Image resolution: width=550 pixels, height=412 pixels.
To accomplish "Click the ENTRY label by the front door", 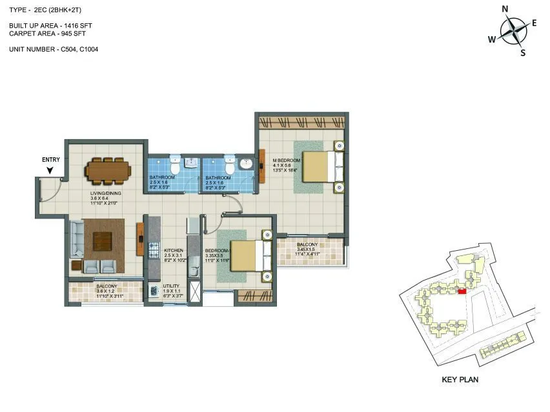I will [50, 160].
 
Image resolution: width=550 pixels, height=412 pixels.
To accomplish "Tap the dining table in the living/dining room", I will [108, 170].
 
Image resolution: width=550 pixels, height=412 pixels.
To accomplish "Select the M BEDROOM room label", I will [287, 160].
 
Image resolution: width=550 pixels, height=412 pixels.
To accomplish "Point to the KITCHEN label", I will [173, 250].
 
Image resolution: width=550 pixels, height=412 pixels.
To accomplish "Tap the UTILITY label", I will [170, 286].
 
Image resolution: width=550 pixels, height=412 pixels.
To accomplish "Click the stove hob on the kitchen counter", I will [154, 250].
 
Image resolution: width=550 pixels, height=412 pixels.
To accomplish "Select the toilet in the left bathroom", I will [174, 162].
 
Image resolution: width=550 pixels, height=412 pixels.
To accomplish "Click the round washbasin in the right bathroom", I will [246, 164].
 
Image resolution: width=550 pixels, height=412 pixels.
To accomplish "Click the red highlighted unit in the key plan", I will [461, 291].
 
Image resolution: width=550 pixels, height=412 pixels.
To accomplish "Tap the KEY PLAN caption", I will [460, 380].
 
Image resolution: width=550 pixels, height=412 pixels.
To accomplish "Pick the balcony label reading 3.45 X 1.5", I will [307, 250].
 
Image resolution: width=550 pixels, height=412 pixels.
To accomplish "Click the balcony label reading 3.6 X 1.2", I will [106, 291].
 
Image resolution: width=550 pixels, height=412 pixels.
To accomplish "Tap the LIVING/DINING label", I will [107, 192].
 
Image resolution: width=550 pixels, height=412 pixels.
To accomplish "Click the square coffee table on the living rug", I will [103, 240].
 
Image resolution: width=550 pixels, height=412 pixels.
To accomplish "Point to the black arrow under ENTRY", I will [50, 171].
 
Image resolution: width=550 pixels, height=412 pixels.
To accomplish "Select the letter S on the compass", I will [523, 53].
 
